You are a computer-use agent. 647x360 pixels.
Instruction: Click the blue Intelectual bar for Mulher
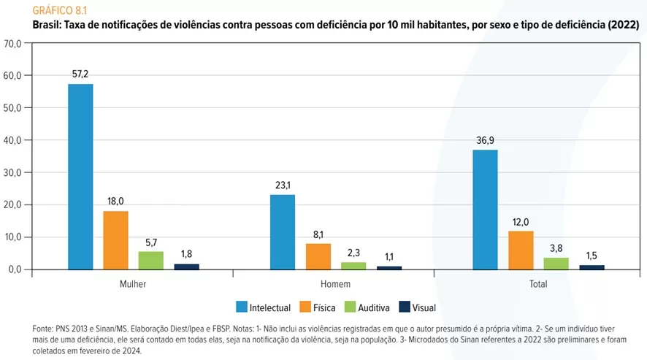80,177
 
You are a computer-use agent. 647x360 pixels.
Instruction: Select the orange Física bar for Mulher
115,240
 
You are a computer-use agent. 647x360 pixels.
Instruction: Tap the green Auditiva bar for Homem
353,266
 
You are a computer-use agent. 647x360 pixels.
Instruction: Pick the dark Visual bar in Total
592,267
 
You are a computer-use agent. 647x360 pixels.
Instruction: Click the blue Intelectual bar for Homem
283,232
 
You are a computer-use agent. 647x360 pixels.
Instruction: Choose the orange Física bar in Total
521,250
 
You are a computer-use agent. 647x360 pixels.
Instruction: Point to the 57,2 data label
80,74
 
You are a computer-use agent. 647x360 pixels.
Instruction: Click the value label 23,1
283,185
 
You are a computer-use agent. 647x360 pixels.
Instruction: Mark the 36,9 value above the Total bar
485,141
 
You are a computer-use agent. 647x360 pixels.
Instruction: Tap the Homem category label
335,284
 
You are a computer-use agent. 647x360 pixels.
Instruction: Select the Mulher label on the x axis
132,284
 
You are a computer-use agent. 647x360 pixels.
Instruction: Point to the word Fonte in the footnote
44,329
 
